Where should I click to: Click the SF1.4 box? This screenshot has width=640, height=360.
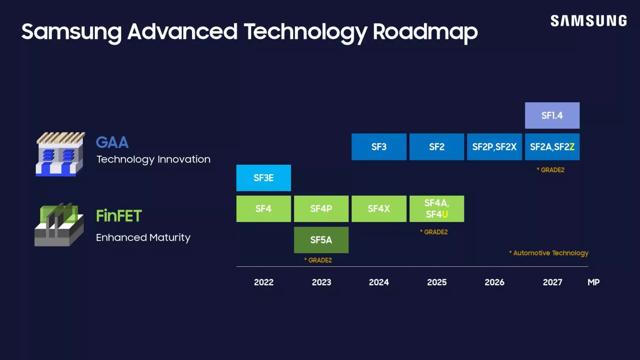coord(552,116)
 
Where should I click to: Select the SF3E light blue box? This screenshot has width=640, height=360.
coord(264,178)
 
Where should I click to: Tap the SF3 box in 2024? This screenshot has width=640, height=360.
coord(379,147)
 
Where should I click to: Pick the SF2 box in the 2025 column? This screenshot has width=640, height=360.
coord(436,147)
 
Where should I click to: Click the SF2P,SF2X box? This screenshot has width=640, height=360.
coord(494,147)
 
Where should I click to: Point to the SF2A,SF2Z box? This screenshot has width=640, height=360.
coord(552,147)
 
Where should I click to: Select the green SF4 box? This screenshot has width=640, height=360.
coord(264,209)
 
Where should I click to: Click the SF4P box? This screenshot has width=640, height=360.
coord(321,209)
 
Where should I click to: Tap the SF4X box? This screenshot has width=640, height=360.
coord(379,209)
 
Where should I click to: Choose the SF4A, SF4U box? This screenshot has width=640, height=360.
coord(436,209)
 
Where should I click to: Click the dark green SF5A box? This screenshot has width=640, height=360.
coord(321,240)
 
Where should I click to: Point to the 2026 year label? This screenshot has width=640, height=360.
coord(494,282)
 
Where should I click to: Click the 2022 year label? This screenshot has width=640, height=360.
coord(264,282)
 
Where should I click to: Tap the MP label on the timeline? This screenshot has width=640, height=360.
coord(593,282)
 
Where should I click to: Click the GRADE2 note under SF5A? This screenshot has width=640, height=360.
coord(318,260)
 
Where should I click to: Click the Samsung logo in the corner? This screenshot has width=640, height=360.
coord(588,21)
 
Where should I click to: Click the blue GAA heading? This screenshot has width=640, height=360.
coord(112,142)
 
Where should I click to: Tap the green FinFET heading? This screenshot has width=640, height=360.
coord(119,216)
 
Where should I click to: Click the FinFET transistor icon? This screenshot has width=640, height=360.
coord(59,224)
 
